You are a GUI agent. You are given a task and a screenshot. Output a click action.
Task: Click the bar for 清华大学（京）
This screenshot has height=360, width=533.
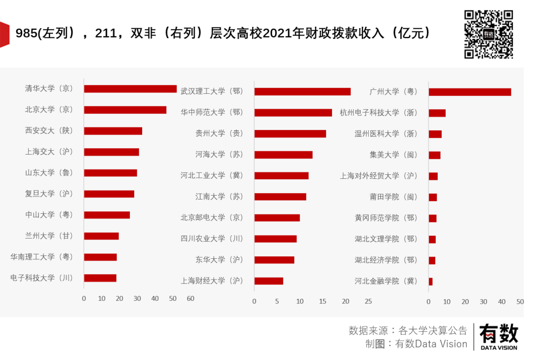click(x=130, y=89)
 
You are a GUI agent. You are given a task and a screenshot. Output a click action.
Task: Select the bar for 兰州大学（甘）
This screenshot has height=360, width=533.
click(x=101, y=236)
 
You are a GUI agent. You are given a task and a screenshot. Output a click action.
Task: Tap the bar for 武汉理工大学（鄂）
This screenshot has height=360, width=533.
click(x=303, y=91)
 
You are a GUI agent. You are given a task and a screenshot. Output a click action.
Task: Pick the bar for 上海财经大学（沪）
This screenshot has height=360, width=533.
click(x=269, y=281)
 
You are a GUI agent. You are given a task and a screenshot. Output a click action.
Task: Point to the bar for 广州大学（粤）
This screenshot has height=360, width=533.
click(x=470, y=92)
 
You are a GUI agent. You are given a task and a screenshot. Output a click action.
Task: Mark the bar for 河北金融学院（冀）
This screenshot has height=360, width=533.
click(x=431, y=281)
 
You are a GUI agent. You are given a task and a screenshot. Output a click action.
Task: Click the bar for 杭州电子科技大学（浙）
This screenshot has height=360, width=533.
click(x=437, y=113)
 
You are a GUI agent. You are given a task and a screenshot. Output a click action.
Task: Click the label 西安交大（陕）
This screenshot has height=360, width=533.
click(x=49, y=131)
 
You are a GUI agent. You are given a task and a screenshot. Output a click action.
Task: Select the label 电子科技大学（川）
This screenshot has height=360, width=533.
click(x=41, y=278)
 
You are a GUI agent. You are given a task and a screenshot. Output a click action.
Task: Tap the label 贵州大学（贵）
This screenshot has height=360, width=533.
click(x=219, y=133)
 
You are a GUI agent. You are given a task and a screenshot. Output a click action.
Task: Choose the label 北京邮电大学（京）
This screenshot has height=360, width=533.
click(x=212, y=218)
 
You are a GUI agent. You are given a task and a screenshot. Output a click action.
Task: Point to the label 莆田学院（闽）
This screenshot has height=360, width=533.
click(x=393, y=197)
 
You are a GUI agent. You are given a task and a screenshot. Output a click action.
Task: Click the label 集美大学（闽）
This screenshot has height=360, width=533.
click(x=393, y=155)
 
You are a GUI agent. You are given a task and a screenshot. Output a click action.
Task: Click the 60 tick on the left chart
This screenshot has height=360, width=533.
click(x=190, y=299)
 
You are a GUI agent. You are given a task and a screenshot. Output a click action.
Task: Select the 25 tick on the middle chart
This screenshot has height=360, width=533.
click(x=368, y=301)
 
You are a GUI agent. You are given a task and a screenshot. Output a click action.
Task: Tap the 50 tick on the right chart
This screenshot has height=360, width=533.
click(x=520, y=302)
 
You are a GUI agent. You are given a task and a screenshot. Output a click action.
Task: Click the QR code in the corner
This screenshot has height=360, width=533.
click(x=489, y=35)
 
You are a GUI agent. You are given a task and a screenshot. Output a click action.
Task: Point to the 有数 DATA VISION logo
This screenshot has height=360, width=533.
click(x=498, y=337)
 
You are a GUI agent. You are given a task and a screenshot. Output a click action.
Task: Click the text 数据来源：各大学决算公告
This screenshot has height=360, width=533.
click(x=408, y=330)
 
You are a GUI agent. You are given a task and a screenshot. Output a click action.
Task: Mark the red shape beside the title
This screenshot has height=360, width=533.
click(x=4, y=35)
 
